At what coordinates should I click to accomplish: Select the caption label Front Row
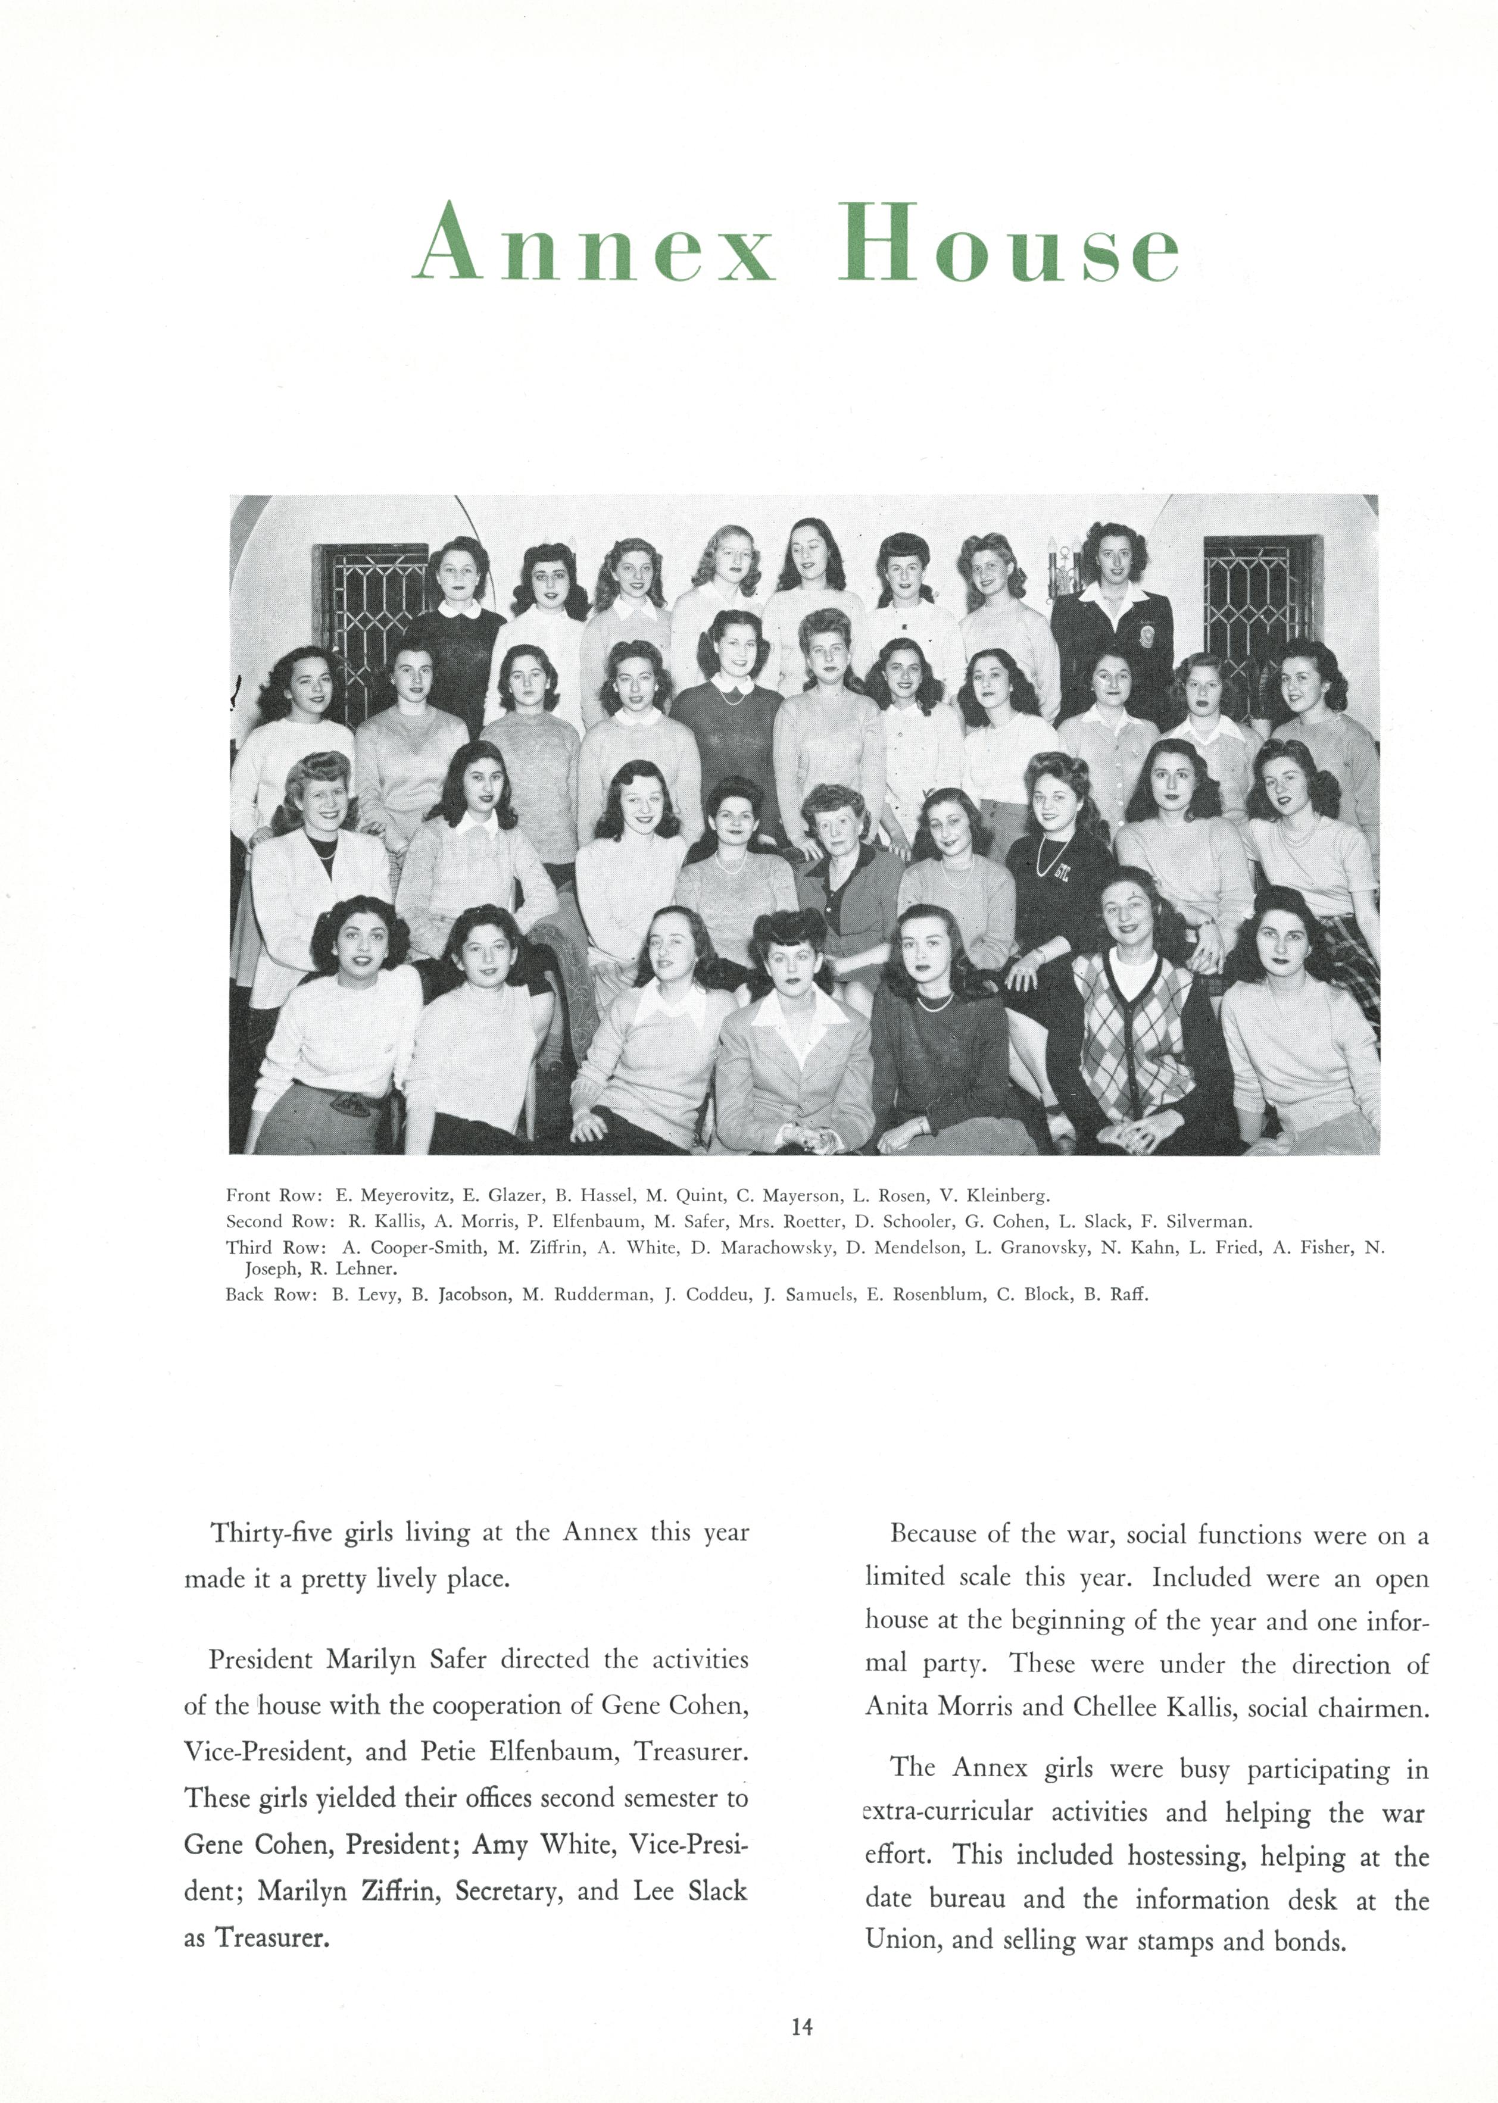[273, 1196]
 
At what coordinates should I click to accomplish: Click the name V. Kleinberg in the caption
[994, 1196]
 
